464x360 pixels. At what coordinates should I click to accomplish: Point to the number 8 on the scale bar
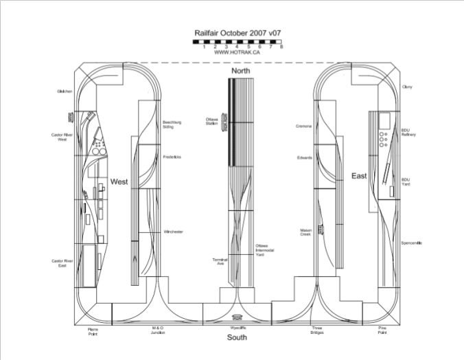[281, 47]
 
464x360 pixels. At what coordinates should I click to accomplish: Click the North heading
[240, 71]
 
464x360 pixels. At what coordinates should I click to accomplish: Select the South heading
[237, 338]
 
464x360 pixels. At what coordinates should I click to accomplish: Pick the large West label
[119, 182]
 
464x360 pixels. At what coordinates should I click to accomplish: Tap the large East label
[359, 176]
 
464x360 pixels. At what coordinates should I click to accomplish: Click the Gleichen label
[65, 91]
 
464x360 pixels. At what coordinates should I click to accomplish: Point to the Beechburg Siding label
[171, 124]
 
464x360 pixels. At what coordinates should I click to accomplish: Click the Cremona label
[304, 126]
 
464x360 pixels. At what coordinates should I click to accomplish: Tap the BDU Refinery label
[408, 132]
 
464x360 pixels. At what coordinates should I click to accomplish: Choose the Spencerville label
[411, 243]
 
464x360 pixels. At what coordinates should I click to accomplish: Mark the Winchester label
[173, 232]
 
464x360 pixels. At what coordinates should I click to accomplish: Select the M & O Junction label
[158, 331]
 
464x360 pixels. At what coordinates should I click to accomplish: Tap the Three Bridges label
[316, 331]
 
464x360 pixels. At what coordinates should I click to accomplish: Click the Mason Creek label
[305, 232]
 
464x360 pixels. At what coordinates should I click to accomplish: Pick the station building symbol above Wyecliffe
[237, 317]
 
